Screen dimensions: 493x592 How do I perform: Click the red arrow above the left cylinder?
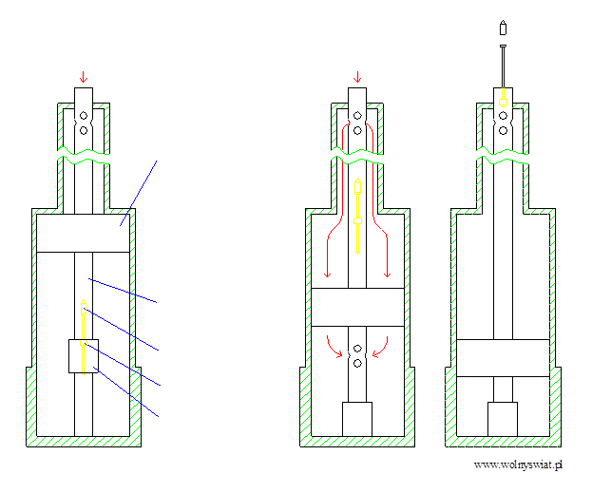coord(83,76)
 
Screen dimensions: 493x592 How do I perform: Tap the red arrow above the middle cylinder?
coord(357,76)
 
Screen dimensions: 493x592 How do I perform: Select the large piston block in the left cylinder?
coord(83,234)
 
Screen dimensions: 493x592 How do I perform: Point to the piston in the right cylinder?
coord(502,357)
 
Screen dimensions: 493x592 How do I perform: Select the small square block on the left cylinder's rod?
coord(83,356)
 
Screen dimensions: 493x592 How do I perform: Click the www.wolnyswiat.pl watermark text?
coord(519,465)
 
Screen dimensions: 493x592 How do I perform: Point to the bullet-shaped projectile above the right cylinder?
coord(502,28)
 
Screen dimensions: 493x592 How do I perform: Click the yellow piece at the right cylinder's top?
coord(502,96)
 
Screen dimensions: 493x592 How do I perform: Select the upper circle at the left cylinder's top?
coord(83,117)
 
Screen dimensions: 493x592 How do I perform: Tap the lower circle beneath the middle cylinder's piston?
coord(357,362)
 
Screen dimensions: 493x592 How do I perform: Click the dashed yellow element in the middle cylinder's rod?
coord(357,218)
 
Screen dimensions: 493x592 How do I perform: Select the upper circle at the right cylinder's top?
coord(502,116)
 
